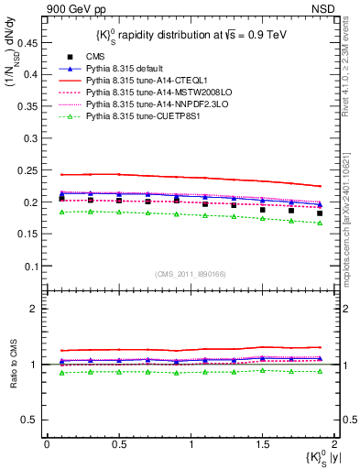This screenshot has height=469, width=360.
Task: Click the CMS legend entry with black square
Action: coord(99,57)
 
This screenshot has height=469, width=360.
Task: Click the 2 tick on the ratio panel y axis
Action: coord(35,310)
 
